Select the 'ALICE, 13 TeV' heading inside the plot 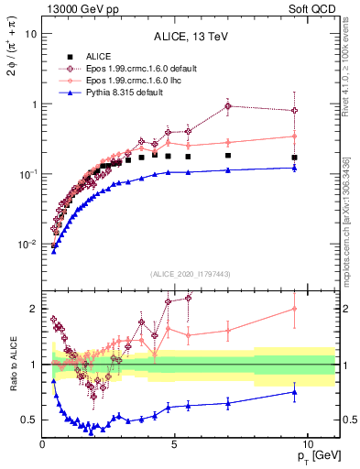point(191,38)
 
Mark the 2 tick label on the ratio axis point(32,308)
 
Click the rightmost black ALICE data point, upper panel point(294,158)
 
